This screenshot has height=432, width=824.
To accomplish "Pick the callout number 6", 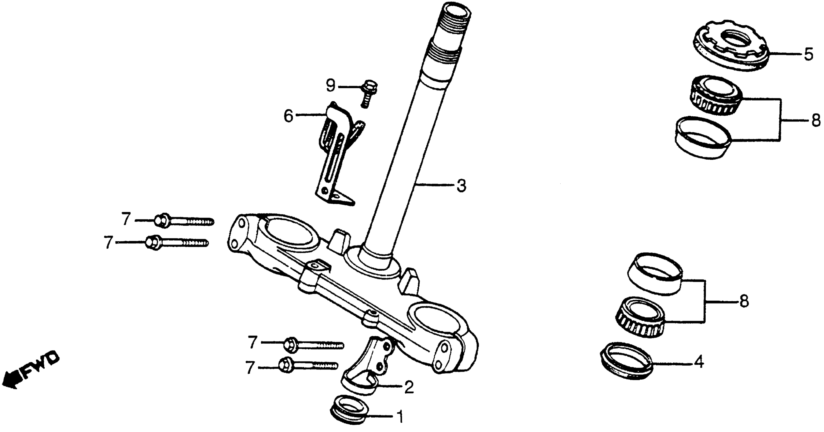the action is pyautogui.click(x=288, y=116).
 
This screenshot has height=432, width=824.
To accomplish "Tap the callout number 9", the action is pyautogui.click(x=330, y=86).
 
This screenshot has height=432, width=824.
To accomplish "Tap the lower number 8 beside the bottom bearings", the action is pyautogui.click(x=744, y=301).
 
